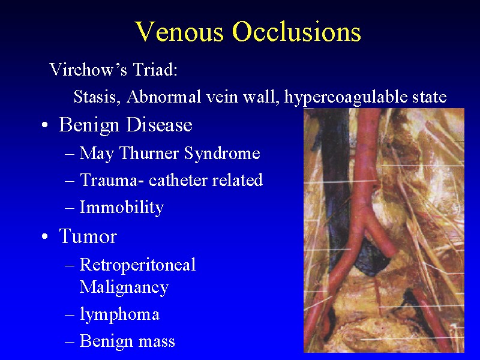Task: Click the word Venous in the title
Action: click(179, 32)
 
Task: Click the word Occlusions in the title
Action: click(296, 32)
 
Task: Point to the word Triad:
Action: click(155, 70)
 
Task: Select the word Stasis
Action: click(95, 97)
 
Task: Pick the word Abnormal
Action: click(164, 97)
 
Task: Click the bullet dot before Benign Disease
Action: click(45, 125)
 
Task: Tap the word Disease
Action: click(159, 125)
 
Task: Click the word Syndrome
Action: click(222, 154)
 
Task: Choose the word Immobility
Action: click(122, 208)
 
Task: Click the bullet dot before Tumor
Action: click(45, 236)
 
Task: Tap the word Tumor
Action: click(88, 236)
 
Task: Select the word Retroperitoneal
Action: click(137, 265)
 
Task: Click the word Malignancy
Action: click(124, 287)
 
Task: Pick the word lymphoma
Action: click(119, 314)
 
